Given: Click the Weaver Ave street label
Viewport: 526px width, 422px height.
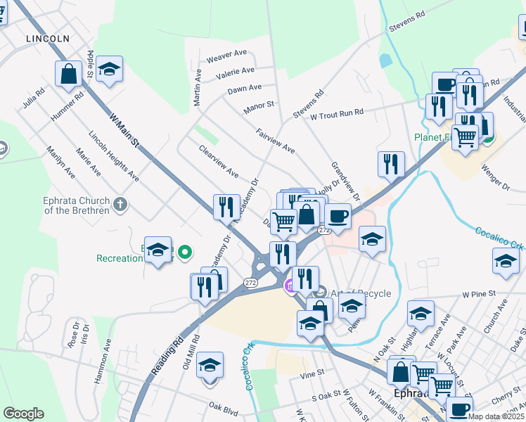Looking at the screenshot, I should click(226, 54).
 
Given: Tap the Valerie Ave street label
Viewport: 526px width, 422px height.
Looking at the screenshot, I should click(236, 72).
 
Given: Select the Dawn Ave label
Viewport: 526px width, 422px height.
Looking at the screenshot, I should click(244, 89).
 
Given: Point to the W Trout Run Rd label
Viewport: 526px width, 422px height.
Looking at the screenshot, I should click(337, 113).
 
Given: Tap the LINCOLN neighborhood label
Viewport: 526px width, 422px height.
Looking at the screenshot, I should click(48, 38).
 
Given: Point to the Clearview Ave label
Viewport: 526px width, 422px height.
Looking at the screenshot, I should click(219, 162).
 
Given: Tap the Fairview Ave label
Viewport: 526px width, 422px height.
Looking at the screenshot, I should click(275, 141).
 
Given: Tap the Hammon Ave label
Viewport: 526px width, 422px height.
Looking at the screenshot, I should click(103, 362).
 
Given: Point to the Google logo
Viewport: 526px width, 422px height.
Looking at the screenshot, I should click(23, 414).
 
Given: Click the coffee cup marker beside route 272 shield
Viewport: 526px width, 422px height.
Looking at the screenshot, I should click(338, 215).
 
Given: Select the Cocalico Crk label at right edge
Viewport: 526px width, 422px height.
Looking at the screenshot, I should click(500, 238).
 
